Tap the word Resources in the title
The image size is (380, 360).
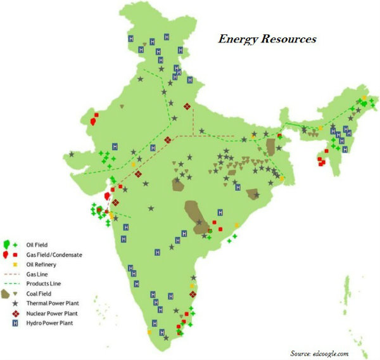pos(288,39)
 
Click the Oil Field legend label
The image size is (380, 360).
pos(37,244)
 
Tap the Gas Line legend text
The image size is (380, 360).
pos(37,274)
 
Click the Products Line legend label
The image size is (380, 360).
pos(42,283)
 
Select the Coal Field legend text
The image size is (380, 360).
pos(39,293)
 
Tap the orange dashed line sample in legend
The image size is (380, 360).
pos(11,274)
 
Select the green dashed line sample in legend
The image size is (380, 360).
pos(11,283)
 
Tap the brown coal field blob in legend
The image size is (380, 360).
pos(6,294)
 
